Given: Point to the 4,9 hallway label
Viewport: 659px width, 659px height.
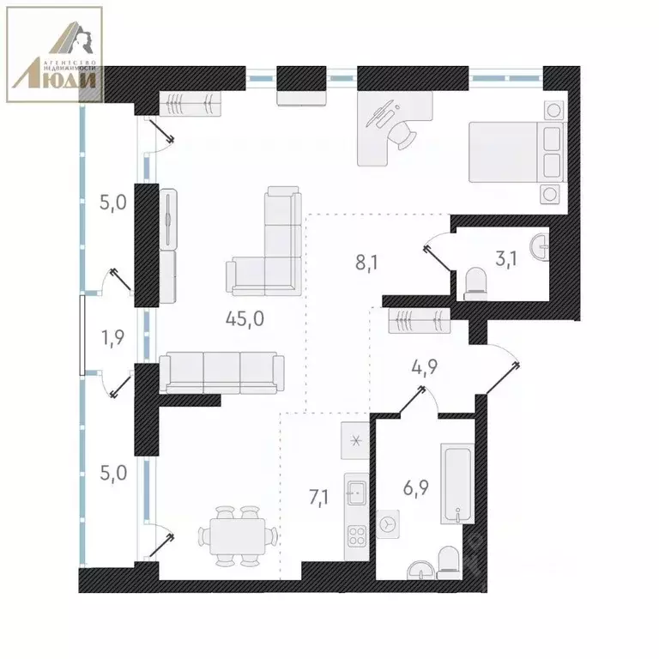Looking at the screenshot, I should [x=421, y=368].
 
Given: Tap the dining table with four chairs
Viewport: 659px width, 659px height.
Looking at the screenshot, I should [x=239, y=536].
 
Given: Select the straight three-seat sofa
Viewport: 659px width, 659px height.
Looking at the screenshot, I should [x=222, y=372].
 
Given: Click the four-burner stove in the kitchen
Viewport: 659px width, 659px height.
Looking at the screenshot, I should [x=356, y=538].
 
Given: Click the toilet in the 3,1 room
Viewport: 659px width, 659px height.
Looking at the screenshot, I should [x=475, y=283].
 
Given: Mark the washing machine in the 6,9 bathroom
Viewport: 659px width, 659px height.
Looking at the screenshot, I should [x=389, y=522].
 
